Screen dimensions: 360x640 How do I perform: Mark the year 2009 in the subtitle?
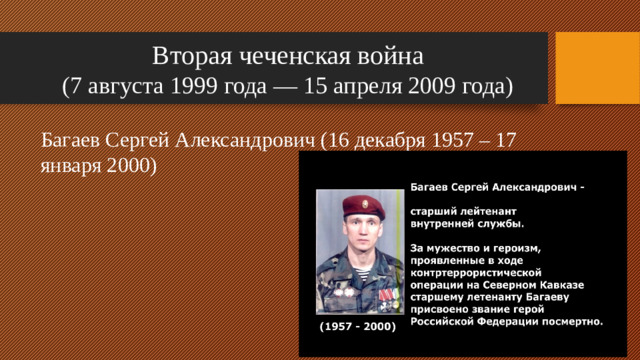(x=432, y=87)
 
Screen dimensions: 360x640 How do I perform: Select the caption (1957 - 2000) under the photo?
(x=356, y=327)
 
